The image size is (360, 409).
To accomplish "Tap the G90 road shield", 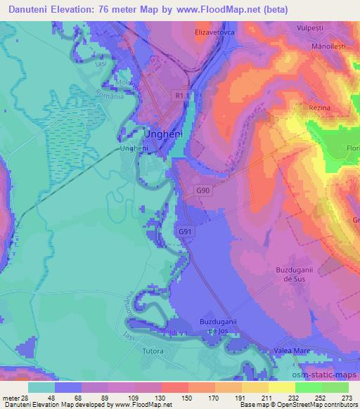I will pos(202,190).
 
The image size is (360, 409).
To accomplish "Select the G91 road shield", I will pos(185,231).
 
